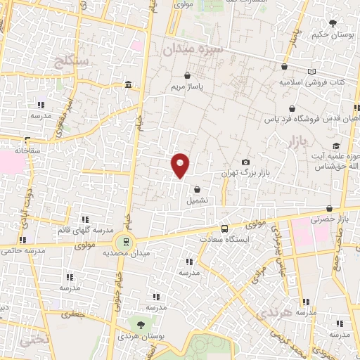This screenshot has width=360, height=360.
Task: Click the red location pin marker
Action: (x=181, y=165)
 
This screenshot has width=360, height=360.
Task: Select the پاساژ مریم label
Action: (x=186, y=86)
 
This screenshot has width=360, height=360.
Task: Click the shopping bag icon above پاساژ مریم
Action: (x=187, y=75)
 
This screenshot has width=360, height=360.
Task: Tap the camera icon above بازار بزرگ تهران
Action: (x=245, y=162)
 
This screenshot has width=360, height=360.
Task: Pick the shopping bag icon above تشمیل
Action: (x=198, y=189)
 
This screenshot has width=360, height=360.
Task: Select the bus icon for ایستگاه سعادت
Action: (x=224, y=229)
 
